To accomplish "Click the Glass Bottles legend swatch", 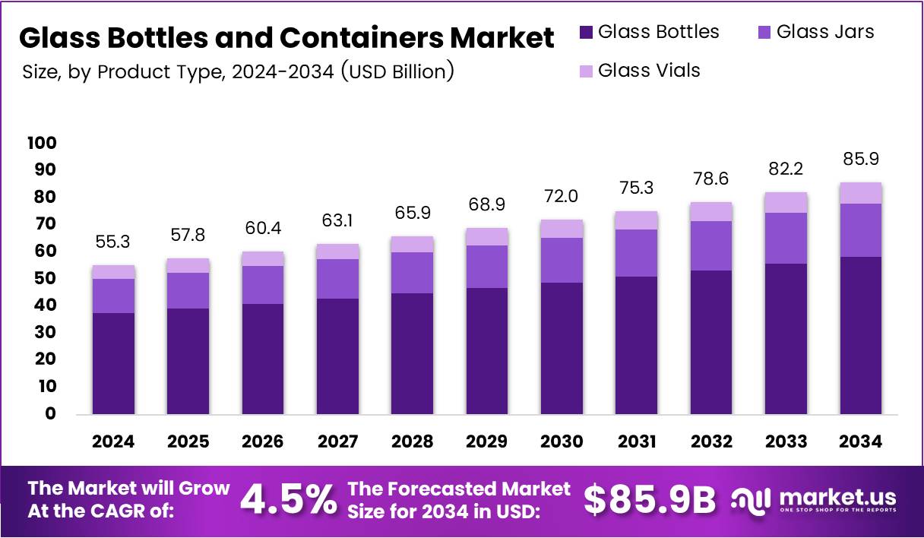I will click(x=585, y=33).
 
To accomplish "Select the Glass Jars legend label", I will click(x=825, y=32).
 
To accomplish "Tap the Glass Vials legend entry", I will click(x=649, y=71).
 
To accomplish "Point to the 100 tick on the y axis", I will click(x=41, y=143).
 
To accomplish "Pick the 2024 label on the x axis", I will click(x=113, y=441).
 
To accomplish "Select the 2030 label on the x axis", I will click(x=562, y=441).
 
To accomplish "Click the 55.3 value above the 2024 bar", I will click(x=113, y=242).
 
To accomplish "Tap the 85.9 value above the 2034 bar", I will click(x=861, y=160).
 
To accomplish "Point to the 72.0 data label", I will click(x=562, y=196).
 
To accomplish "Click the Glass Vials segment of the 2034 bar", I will click(x=861, y=193).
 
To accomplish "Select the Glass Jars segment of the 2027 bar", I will click(x=337, y=279).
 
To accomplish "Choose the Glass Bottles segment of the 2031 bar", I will click(x=636, y=345).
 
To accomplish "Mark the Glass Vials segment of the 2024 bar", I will click(x=113, y=272).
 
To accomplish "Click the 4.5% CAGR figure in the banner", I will click(x=289, y=499).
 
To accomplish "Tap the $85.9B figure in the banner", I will click(x=650, y=499).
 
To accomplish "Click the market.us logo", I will click(x=814, y=500).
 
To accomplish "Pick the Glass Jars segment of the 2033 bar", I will click(x=786, y=238).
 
